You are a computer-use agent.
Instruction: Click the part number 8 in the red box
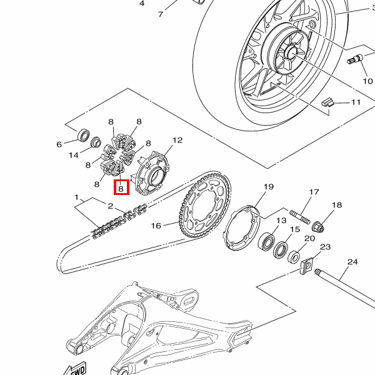tap(121, 189)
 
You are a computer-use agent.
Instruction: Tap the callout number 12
tap(177, 140)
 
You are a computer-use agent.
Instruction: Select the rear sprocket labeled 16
tap(205, 205)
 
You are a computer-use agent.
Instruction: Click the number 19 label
tap(269, 186)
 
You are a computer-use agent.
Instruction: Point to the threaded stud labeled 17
tap(300, 217)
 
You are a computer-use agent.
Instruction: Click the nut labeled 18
tap(318, 227)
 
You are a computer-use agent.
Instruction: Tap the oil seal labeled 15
tap(281, 250)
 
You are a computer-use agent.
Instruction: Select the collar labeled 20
tap(294, 257)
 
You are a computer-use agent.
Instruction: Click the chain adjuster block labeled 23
tap(307, 266)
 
